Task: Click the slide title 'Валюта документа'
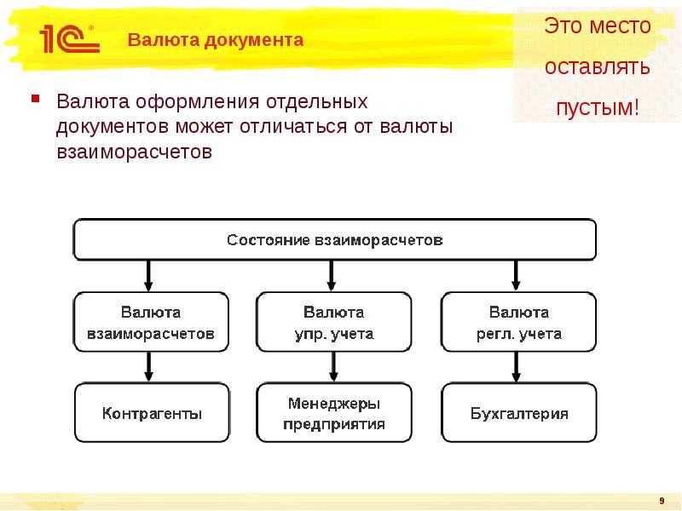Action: click(x=216, y=40)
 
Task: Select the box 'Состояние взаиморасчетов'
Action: click(x=334, y=239)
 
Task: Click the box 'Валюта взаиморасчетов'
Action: click(x=152, y=323)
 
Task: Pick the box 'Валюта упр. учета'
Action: click(x=333, y=323)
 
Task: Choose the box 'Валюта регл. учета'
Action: click(x=518, y=323)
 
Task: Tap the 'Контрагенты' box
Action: click(x=152, y=414)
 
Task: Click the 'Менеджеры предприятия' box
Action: click(x=333, y=414)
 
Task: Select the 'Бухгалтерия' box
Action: click(x=518, y=414)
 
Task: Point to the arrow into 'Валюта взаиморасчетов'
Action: click(x=149, y=275)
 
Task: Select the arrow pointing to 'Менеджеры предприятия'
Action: click(x=333, y=367)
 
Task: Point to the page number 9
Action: click(x=662, y=500)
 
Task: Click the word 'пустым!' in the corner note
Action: click(x=597, y=108)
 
